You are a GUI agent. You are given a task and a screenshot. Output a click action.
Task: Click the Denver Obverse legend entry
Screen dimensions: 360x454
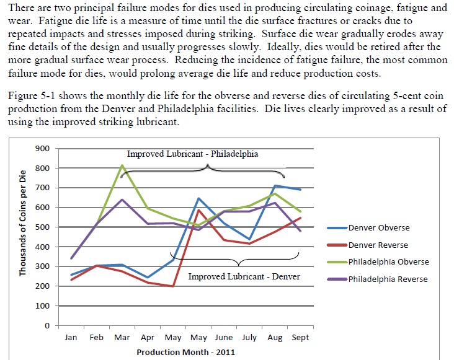pyautogui.click(x=378, y=227)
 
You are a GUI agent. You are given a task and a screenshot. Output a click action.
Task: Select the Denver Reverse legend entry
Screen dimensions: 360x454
pyautogui.click(x=378, y=245)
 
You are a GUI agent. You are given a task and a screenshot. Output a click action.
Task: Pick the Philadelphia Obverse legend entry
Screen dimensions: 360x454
pyautogui.click(x=388, y=261)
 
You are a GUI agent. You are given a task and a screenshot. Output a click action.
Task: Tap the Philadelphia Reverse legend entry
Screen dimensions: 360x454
pyautogui.click(x=387, y=279)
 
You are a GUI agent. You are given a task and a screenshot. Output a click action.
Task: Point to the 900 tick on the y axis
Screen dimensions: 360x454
pyautogui.click(x=43, y=149)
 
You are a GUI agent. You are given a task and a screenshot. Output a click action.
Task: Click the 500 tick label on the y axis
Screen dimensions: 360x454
pyautogui.click(x=43, y=227)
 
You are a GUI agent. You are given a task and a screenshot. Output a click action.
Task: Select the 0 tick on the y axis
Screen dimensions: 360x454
pyautogui.click(x=46, y=326)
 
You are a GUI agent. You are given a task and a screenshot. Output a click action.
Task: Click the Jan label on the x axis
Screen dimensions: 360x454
pyautogui.click(x=71, y=338)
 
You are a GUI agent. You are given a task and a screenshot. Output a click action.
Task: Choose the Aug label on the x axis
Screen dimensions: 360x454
pyautogui.click(x=274, y=338)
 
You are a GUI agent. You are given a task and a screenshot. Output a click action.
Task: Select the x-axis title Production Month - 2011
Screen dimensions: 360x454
pyautogui.click(x=185, y=352)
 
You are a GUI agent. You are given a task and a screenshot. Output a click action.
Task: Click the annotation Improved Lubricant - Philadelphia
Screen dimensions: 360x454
pyautogui.click(x=192, y=154)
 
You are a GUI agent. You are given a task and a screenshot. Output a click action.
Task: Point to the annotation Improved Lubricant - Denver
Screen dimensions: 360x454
pyautogui.click(x=244, y=276)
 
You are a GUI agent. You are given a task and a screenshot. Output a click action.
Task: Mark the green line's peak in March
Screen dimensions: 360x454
pyautogui.click(x=122, y=165)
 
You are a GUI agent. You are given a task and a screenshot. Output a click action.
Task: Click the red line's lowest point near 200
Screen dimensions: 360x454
pyautogui.click(x=172, y=286)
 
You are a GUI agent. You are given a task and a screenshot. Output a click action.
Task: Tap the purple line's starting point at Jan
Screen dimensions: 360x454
pyautogui.click(x=71, y=258)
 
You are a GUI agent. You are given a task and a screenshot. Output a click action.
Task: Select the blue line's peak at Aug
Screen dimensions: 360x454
pyautogui.click(x=275, y=186)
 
